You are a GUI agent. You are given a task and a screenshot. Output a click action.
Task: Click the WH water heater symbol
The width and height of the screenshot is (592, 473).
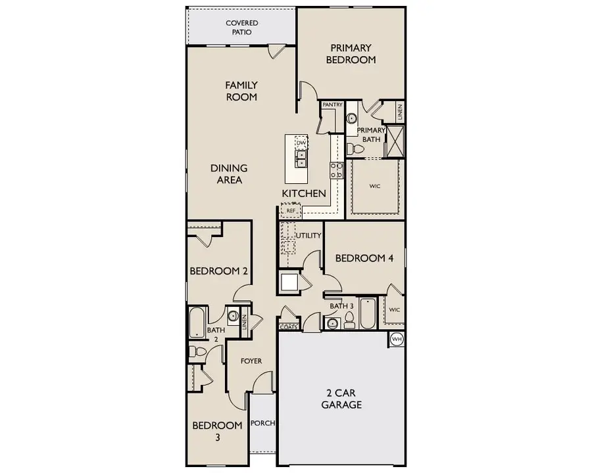396,339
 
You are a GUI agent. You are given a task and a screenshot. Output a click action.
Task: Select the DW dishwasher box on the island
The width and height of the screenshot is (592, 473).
301,143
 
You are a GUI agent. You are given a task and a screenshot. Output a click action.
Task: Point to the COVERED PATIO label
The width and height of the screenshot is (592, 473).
242,28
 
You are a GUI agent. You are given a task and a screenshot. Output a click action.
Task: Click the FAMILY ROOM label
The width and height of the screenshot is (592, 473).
241,91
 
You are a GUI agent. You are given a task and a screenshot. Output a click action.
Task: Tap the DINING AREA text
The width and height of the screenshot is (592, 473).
230,174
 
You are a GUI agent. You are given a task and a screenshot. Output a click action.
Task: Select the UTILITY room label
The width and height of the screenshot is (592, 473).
308,235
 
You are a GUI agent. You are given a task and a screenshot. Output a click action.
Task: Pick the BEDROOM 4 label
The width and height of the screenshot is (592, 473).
364,258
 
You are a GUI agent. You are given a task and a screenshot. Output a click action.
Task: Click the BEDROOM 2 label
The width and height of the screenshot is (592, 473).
218,271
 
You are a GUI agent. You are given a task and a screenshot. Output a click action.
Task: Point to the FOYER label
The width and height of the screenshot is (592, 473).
251,361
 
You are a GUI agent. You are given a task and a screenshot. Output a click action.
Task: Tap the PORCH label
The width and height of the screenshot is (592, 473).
262,423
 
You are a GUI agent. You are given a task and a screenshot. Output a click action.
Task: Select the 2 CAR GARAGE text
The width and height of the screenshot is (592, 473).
341,399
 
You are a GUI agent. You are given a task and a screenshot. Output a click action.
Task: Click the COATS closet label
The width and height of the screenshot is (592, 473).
288,326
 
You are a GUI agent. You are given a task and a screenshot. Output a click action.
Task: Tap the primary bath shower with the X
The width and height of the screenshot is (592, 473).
395,140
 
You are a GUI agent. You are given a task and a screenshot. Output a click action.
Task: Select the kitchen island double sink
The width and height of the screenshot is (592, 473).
301,160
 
